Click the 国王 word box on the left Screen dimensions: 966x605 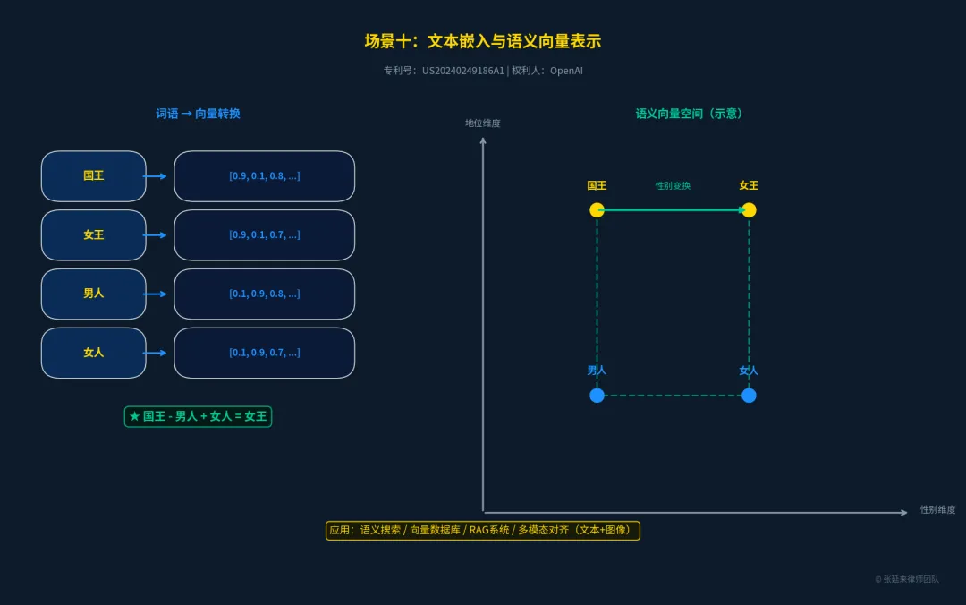coord(93,176)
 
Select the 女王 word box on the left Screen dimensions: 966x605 coord(93,235)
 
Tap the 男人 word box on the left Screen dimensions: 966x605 coord(93,294)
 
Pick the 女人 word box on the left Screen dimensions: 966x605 coord(93,353)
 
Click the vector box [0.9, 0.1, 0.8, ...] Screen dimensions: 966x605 coord(264,176)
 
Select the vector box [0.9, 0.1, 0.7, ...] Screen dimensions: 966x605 coord(264,235)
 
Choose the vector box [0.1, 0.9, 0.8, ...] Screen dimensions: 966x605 coord(264,294)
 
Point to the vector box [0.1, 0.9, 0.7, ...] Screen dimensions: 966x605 coord(264,353)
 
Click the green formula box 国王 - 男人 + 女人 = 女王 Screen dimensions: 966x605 coord(198,416)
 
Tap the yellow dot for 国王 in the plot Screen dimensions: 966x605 coord(597,210)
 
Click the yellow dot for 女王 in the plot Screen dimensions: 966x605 coord(749,210)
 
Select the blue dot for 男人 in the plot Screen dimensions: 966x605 coord(597,396)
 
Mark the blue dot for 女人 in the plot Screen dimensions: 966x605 coord(749,396)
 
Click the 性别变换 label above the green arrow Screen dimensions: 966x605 coord(673,186)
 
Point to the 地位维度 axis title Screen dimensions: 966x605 coord(483,124)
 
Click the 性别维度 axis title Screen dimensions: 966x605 coord(937,510)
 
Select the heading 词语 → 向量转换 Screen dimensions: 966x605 coord(198,114)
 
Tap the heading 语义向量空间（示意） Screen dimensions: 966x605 coord(690,114)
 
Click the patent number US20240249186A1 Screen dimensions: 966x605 coord(463,71)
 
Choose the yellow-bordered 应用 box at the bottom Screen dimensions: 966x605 coord(482,530)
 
